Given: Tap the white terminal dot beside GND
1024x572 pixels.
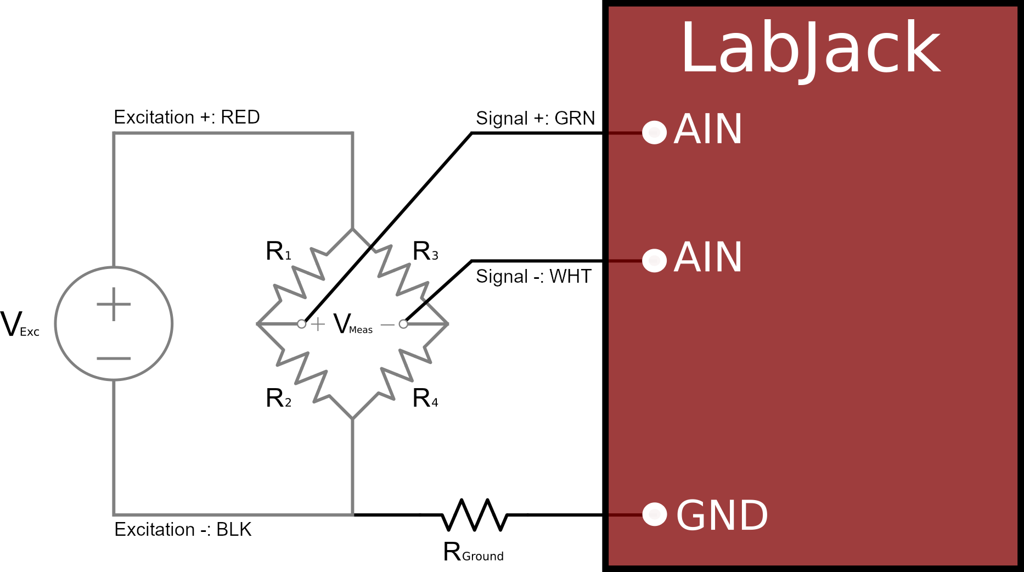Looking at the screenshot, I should [654, 514].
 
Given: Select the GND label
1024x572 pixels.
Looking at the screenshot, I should [721, 515].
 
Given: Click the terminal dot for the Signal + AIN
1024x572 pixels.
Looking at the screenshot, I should [654, 132].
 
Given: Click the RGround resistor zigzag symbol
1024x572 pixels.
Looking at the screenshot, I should [474, 514].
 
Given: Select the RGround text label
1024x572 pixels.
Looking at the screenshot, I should [473, 552].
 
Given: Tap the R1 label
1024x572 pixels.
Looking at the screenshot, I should [278, 251].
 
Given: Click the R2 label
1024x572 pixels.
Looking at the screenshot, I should [278, 399].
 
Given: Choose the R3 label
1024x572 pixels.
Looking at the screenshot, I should [425, 251].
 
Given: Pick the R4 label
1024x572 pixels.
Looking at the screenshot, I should [425, 399].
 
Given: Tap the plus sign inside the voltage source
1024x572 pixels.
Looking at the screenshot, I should [114, 304].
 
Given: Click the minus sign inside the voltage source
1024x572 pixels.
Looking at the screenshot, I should [114, 358].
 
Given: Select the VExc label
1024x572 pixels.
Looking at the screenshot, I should [20, 324].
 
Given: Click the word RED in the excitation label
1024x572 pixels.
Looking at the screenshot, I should [240, 117].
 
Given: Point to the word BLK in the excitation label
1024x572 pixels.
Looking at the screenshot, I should [234, 529].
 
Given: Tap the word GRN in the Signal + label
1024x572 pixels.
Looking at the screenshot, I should [575, 118].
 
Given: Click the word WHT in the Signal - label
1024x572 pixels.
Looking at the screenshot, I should [570, 276].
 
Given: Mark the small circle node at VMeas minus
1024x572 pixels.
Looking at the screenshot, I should [403, 324].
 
